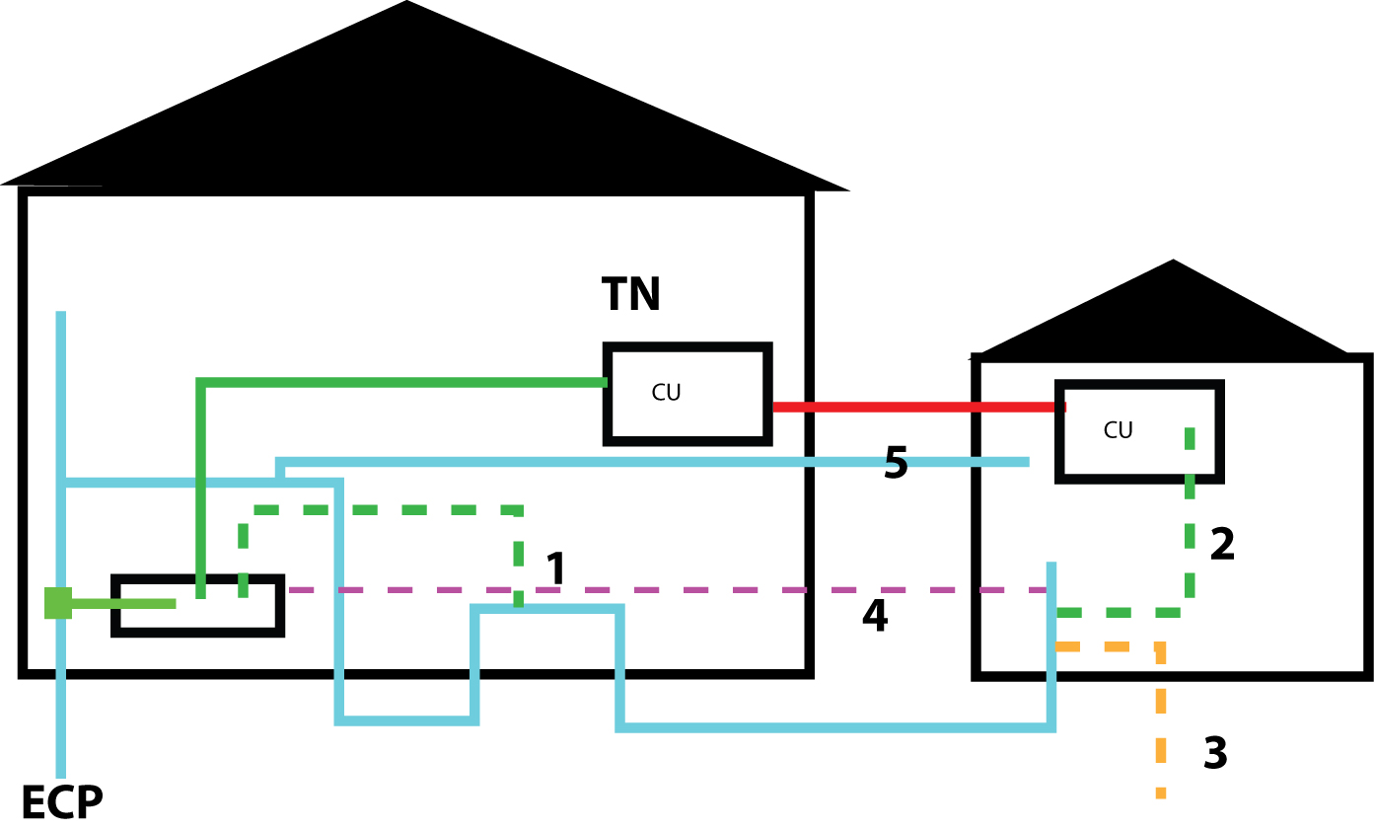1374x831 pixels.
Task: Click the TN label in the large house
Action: tap(630, 295)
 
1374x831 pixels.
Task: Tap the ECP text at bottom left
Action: tap(61, 803)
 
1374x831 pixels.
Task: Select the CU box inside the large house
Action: tap(687, 394)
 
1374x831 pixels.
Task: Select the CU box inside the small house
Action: tap(1139, 431)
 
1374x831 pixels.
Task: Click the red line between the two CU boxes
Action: tap(917, 407)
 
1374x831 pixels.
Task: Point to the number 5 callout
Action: tap(896, 464)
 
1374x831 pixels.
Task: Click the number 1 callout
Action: tap(556, 569)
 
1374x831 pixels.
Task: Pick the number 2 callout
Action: tap(1222, 546)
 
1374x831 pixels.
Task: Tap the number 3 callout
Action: tap(1215, 754)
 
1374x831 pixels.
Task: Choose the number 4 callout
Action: tap(875, 616)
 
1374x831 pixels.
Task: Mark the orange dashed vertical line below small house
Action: tap(1161, 730)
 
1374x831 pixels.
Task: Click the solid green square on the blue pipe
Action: tap(58, 602)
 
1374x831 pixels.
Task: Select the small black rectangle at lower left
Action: tap(198, 605)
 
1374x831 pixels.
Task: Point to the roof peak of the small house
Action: tap(1173, 264)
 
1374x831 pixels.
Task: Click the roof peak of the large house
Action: tap(406, 5)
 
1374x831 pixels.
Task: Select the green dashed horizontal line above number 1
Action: tap(385, 510)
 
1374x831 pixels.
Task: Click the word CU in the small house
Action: tap(1118, 430)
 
